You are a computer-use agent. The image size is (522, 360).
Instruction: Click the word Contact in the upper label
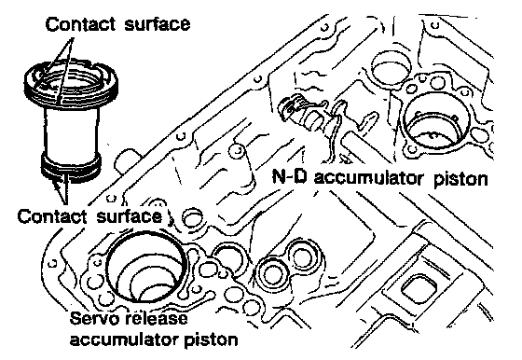[x=80, y=24]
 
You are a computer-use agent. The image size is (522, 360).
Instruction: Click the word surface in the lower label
[x=130, y=216]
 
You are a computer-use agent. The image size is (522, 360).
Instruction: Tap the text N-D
[x=289, y=176]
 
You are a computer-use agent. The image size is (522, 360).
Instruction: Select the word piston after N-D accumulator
[x=460, y=179]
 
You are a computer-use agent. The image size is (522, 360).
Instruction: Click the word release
[x=157, y=318]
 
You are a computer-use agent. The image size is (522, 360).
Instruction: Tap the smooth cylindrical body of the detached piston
[x=71, y=130]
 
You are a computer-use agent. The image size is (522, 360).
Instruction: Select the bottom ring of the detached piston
[x=71, y=168]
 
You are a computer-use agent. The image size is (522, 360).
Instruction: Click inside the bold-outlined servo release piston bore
[x=145, y=267]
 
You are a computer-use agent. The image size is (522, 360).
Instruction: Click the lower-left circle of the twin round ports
[x=273, y=274]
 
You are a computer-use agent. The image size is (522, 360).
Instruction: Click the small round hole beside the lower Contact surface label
[x=192, y=218]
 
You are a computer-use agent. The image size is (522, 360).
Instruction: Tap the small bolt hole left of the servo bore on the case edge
[x=52, y=264]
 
